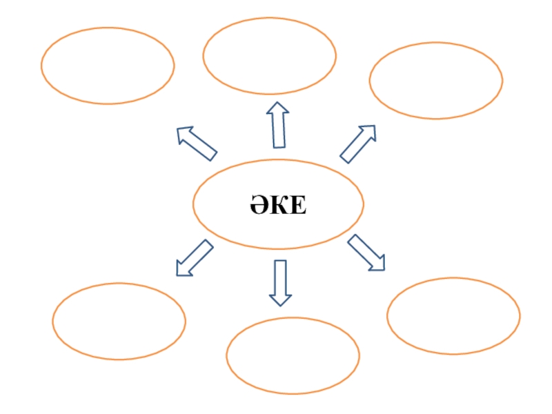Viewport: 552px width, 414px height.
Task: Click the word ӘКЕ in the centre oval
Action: pyautogui.click(x=277, y=205)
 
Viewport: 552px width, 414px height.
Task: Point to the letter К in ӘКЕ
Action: pyautogui.click(x=278, y=205)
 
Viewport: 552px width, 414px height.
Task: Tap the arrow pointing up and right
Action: pyautogui.click(x=358, y=144)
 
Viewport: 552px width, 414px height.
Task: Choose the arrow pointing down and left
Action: pyautogui.click(x=194, y=258)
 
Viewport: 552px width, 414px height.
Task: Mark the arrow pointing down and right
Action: pyautogui.click(x=366, y=253)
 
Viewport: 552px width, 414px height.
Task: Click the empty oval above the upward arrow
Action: pyautogui.click(x=269, y=56)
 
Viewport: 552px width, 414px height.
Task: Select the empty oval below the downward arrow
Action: pyautogui.click(x=293, y=355)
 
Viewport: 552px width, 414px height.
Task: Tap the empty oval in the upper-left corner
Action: pyautogui.click(x=108, y=66)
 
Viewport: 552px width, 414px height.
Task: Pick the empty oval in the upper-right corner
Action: pyautogui.click(x=436, y=80)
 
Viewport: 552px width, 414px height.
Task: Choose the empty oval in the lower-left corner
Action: pyautogui.click(x=119, y=321)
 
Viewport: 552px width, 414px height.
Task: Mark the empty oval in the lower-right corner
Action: pyautogui.click(x=453, y=316)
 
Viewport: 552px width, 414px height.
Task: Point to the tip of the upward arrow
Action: pyautogui.click(x=277, y=103)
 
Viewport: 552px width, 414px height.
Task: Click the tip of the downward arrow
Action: pyautogui.click(x=280, y=305)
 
